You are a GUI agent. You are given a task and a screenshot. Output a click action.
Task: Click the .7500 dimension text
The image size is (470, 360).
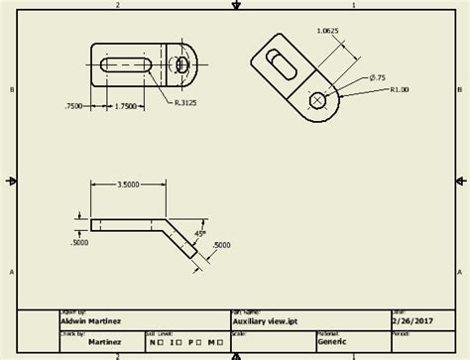73,105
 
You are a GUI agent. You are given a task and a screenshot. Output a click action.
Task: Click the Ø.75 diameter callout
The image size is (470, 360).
379,77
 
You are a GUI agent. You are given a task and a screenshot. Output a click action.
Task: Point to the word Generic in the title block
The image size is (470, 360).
332,340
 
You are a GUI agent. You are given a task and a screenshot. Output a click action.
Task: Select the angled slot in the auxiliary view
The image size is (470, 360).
282,64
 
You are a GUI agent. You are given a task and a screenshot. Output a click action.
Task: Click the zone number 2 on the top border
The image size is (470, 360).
117,5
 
